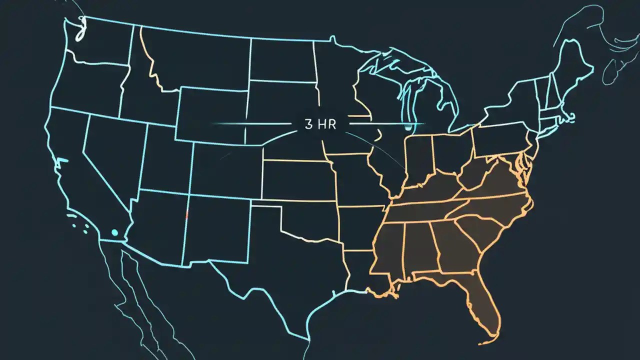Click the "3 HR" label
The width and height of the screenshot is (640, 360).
pos(320,124)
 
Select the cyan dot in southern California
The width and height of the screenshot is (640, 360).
pos(114,232)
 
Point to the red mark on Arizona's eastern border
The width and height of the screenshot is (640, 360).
pos(186,215)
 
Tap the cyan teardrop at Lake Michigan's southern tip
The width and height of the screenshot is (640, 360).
pos(409,128)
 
